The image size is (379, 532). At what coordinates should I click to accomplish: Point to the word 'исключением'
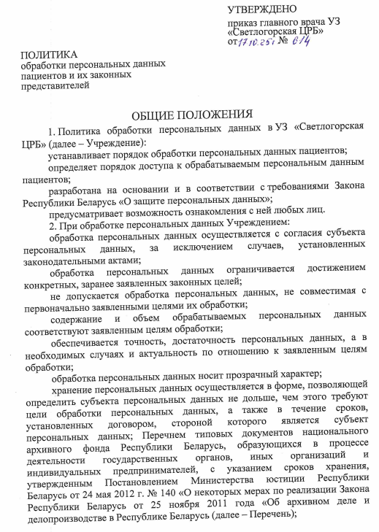point(190,248)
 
